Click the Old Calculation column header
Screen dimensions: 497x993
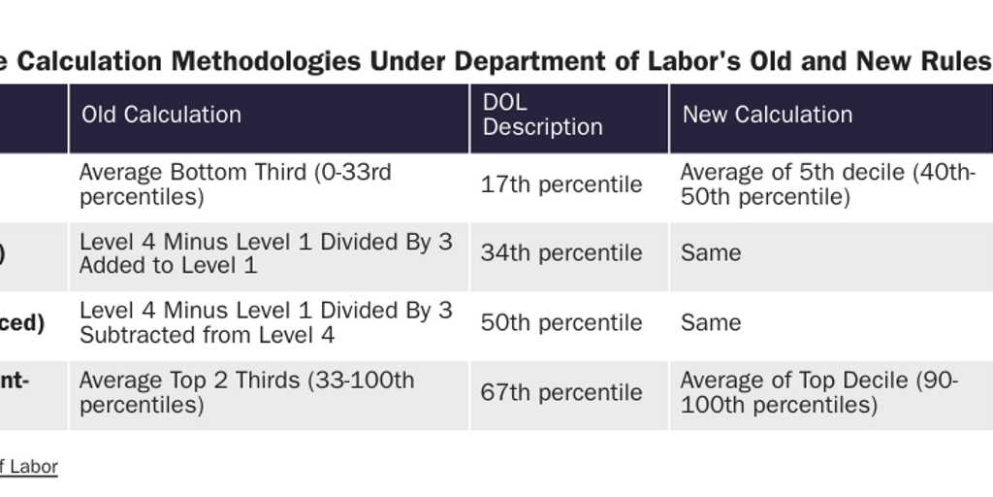click(161, 115)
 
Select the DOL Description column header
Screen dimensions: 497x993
click(542, 115)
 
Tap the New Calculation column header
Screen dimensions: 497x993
click(767, 115)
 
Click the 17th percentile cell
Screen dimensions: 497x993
click(561, 184)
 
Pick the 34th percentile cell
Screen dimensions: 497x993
click(561, 253)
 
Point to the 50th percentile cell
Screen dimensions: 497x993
click(561, 323)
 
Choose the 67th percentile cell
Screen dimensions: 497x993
click(561, 393)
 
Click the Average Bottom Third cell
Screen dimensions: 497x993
click(235, 184)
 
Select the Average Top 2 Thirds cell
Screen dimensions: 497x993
click(246, 392)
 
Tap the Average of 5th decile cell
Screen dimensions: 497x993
click(827, 184)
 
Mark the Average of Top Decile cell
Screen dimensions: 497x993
click(818, 392)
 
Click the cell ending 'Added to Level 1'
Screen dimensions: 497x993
click(266, 253)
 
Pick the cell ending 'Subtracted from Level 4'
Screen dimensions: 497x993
click(266, 323)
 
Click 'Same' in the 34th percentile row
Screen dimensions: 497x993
click(711, 253)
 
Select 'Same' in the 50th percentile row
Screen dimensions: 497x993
click(711, 323)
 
